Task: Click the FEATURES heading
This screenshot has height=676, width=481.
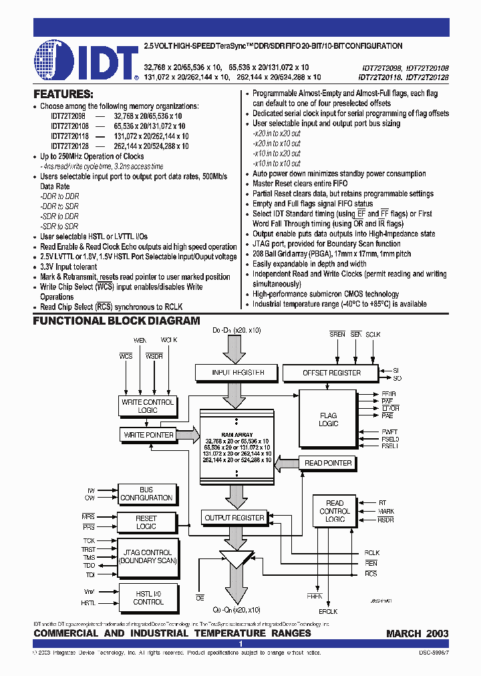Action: click(63, 94)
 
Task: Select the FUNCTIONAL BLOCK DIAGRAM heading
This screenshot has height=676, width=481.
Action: click(117, 321)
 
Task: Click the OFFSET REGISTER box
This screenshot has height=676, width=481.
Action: click(331, 373)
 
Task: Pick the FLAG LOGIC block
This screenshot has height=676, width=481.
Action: click(329, 419)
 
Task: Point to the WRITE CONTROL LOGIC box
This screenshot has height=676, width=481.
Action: click(147, 406)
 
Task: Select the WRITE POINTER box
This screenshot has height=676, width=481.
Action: click(148, 435)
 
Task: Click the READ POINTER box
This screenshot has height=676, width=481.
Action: click(328, 463)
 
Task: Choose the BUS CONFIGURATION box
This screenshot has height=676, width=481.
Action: click(146, 494)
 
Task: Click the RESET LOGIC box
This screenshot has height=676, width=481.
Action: click(146, 522)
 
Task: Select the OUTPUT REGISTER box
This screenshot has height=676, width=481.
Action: click(234, 518)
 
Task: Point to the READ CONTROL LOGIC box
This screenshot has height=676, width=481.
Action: click(335, 511)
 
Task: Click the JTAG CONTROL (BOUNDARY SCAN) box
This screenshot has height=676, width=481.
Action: click(148, 556)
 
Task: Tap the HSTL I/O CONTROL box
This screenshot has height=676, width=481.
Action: click(148, 597)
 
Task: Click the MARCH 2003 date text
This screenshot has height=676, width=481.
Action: click(418, 633)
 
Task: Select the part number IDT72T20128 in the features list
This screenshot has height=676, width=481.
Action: click(69, 146)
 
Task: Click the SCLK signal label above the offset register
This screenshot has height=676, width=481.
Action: click(373, 333)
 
